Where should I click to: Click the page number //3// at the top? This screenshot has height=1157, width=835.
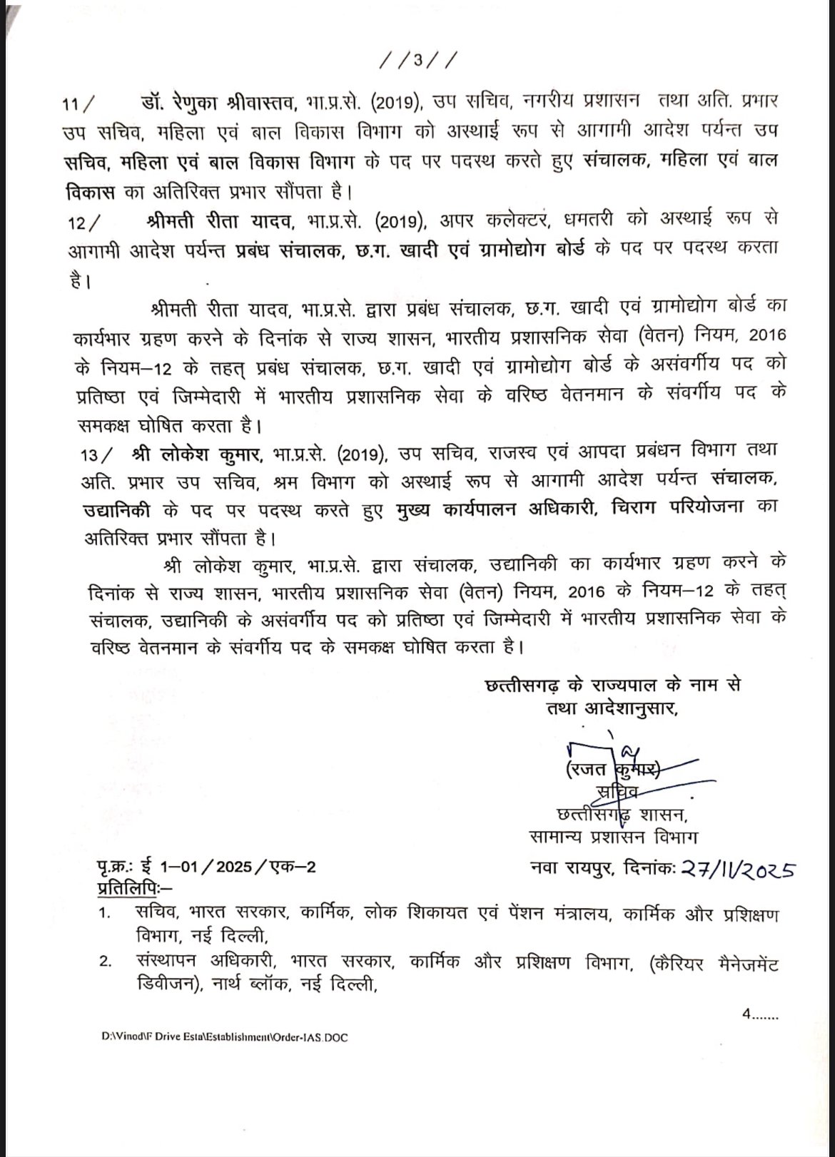click(415, 60)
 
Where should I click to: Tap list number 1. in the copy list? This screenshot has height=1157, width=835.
click(106, 914)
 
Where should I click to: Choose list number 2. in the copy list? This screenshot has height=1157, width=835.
click(106, 964)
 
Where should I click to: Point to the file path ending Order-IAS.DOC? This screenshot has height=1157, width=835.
click(225, 1038)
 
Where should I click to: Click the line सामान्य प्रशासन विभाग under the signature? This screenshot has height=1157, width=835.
click(613, 836)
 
